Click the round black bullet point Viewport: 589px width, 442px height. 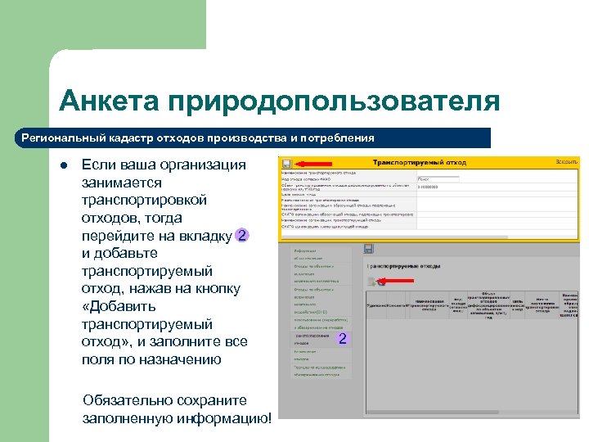click(x=62, y=165)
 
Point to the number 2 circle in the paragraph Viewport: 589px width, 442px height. click(x=242, y=236)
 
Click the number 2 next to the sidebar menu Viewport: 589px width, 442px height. click(x=343, y=339)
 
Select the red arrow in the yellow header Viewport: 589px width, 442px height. click(x=311, y=163)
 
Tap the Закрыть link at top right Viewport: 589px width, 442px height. click(x=566, y=163)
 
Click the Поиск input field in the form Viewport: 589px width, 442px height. click(x=437, y=178)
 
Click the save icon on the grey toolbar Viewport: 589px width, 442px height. click(x=369, y=248)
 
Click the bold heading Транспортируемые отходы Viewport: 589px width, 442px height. click(x=404, y=266)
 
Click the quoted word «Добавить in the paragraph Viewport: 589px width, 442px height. click(x=117, y=306)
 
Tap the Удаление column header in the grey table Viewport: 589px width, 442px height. click(x=377, y=304)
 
